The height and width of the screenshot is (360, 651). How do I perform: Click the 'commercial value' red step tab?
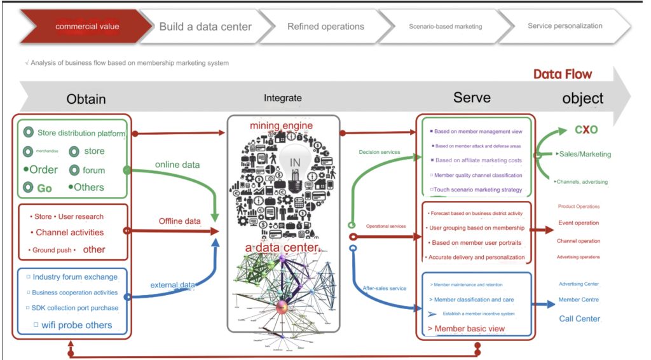(x=87, y=27)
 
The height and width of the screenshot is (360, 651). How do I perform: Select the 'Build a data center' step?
(x=205, y=27)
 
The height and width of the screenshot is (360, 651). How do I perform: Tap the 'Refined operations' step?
(x=325, y=27)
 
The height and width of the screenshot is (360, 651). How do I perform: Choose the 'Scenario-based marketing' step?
(x=445, y=27)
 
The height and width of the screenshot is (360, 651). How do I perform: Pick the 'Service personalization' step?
(x=565, y=26)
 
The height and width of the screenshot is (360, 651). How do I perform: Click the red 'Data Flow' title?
(x=562, y=74)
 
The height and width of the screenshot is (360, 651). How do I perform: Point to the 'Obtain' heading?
(x=86, y=99)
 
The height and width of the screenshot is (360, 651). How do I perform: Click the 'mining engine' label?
(x=281, y=126)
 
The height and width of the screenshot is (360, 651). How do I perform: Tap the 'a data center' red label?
(x=282, y=247)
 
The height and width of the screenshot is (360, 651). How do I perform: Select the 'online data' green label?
(x=177, y=165)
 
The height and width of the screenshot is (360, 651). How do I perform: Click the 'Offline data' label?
(x=179, y=221)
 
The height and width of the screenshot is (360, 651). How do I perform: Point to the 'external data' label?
(x=172, y=285)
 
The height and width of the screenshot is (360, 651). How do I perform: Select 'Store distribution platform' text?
(x=81, y=134)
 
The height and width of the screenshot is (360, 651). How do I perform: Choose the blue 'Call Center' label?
(x=579, y=319)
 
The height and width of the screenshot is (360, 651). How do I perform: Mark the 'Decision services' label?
(x=380, y=153)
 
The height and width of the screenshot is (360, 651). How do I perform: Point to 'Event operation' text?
(x=579, y=223)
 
